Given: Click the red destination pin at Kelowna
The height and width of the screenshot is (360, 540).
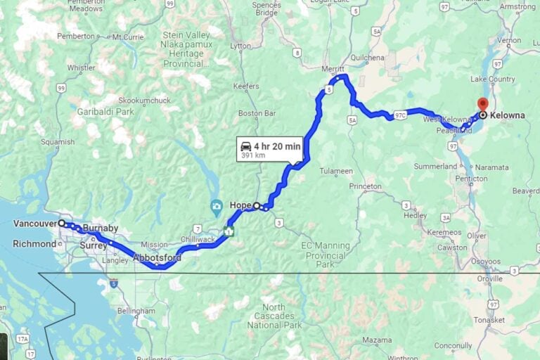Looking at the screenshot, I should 482,105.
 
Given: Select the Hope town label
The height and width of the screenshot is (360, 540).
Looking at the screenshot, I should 240,205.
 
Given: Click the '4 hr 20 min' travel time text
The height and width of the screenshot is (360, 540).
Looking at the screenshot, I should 277,146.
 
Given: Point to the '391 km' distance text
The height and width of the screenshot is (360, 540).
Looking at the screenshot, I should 253,155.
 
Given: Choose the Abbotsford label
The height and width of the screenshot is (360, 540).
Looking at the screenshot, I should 157,258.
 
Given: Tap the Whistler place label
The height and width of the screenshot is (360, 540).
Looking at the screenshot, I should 81,68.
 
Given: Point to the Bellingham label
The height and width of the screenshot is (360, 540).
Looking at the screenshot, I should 136,311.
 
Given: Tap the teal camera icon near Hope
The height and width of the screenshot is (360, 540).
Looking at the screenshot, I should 217,205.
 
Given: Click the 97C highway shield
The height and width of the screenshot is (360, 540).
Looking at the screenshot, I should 400,115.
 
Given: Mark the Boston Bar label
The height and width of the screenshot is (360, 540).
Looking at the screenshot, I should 256,113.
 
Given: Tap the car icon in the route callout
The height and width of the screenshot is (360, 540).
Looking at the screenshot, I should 246,146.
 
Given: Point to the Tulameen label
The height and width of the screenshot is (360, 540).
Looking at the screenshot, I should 336,171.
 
